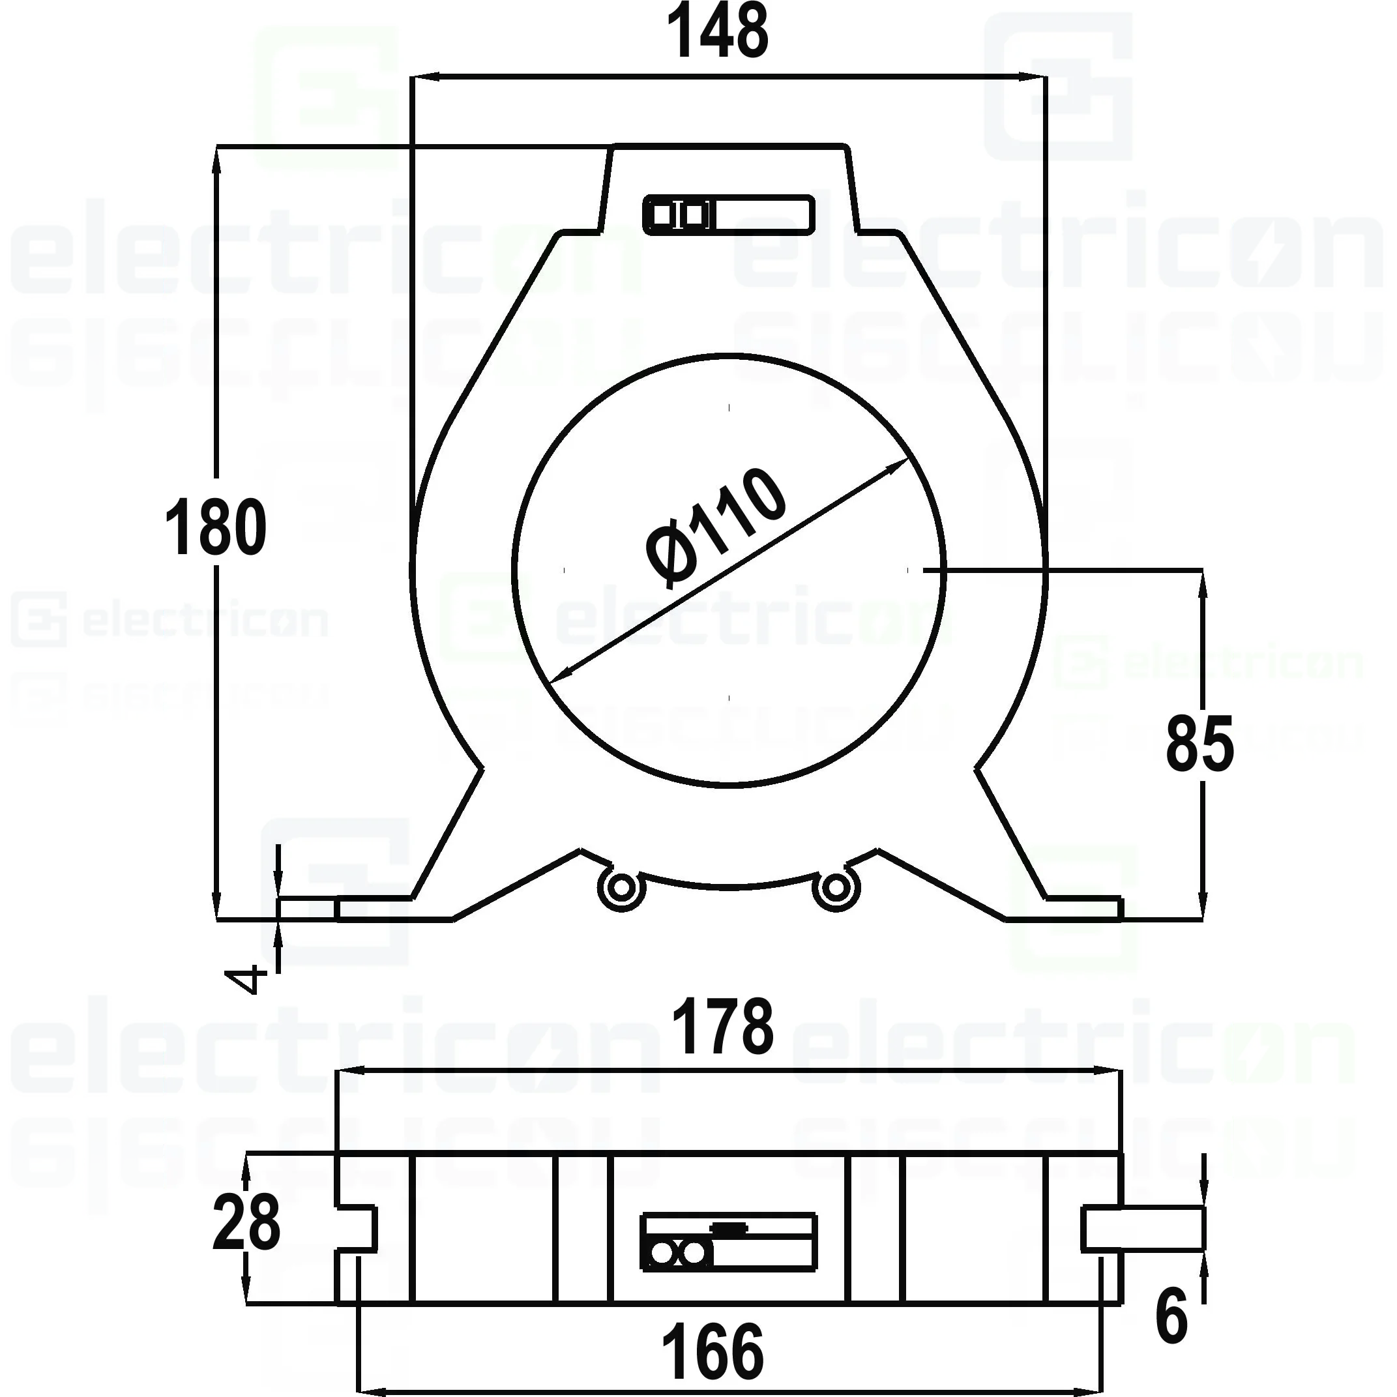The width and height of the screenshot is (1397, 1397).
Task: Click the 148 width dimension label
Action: (x=717, y=33)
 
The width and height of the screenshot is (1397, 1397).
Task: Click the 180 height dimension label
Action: (x=216, y=528)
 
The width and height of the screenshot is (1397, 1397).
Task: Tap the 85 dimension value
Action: (x=1199, y=744)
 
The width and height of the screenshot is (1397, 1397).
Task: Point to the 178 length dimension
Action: (x=722, y=1027)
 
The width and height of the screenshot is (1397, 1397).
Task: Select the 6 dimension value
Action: (x=1171, y=1317)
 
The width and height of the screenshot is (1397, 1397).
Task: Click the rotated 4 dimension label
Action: (x=246, y=980)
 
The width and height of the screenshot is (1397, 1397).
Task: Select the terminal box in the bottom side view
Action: (x=728, y=1242)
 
